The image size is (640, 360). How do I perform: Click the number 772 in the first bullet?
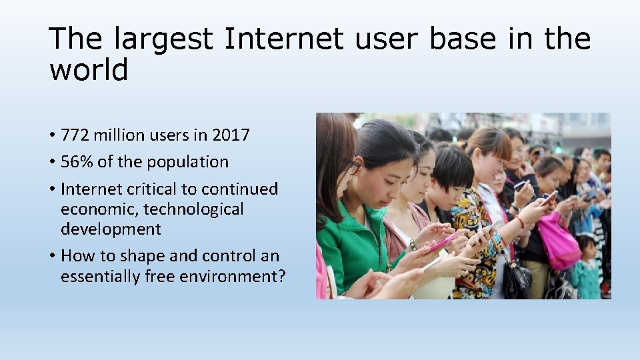pos(75,135)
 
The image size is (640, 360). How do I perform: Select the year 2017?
pos(231,135)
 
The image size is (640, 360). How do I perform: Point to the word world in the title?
pos(88,70)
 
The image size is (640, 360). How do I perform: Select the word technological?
pos(193,209)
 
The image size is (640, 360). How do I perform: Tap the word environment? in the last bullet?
pos(227,276)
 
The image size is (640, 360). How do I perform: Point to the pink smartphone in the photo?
pos(442,242)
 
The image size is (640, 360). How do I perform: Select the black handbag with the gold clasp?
pos(517,279)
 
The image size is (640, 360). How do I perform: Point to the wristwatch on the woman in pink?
pos(413,245)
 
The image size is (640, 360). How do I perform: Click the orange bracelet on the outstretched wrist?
pos(519,222)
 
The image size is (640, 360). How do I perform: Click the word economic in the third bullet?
pos(99,209)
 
